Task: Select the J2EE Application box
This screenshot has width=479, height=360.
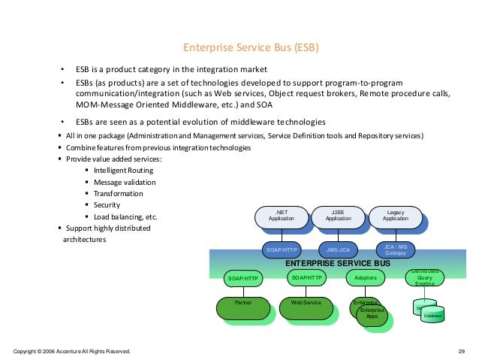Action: point(339,216)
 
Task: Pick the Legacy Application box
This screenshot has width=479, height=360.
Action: point(395,216)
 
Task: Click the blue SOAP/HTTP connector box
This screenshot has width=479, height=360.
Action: point(282,248)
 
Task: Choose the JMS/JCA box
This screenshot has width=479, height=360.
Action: point(336,248)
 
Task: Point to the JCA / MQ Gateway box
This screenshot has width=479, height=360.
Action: point(395,248)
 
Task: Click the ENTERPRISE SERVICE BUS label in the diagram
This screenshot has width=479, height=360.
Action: point(338,265)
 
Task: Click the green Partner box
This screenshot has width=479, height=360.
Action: point(243,303)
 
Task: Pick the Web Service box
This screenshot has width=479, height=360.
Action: point(306,303)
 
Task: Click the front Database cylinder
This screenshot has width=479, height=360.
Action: point(433,314)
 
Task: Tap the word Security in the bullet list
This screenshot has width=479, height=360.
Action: point(107,205)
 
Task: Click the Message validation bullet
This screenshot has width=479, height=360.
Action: point(125,182)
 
